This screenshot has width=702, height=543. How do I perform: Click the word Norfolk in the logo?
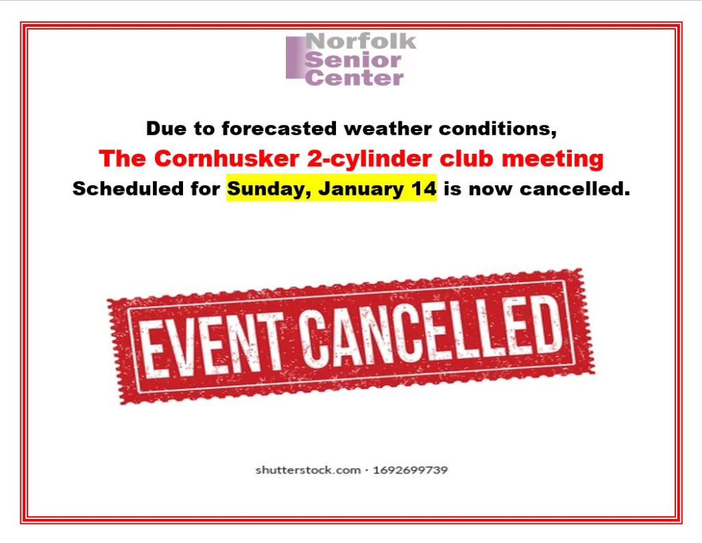pos(361,41)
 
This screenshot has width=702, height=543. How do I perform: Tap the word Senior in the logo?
pos(353,60)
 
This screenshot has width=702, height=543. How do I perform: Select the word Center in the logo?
pos(354,78)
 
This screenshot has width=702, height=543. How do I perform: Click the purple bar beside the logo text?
pos(295,58)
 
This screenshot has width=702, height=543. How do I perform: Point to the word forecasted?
pos(279,128)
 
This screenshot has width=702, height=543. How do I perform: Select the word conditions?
pos(498,129)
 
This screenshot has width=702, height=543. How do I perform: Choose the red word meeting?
pos(553,159)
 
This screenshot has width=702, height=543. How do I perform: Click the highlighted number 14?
pos(423,189)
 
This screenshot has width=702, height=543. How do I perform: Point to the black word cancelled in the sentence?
pos(575,189)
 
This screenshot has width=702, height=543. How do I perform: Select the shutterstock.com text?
pos(308,470)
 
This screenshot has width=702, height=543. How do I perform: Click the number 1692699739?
pos(410,470)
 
